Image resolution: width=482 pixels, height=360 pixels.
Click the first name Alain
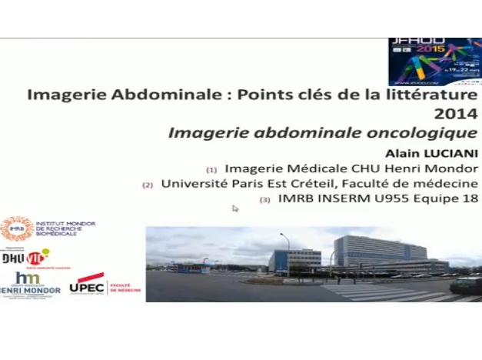point(397,152)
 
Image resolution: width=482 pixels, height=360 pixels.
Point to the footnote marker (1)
point(211,169)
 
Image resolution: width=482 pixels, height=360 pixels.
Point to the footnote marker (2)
point(148,185)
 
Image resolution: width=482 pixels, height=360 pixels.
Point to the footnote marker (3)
point(265,201)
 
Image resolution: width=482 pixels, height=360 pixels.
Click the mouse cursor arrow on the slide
point(235,208)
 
